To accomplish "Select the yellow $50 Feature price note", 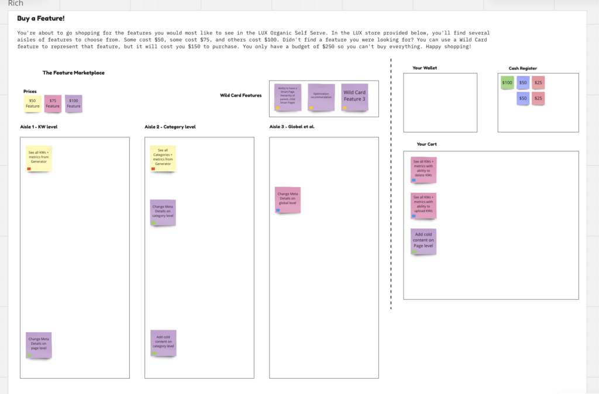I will coord(32,103).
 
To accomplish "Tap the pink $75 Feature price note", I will coord(53,103).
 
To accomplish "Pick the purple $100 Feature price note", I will coord(74,103).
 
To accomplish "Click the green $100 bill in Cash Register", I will coord(507,83).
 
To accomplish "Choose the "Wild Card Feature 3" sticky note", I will coord(354,96).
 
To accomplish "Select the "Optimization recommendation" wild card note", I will coord(321,96).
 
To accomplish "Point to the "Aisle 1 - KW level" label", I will coord(39,126).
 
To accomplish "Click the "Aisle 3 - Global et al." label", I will coord(292,126).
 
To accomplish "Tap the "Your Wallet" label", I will coord(425,68).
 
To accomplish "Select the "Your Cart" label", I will coord(426,144).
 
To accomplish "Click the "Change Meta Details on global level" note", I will coord(288,200).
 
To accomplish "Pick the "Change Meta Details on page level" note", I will coord(39,345).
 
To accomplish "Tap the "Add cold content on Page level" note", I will coord(424,241).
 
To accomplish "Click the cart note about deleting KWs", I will coord(424,170).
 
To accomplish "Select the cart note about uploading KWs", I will coord(424,205).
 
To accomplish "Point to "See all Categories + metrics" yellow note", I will coord(163,158).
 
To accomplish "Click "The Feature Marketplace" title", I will coord(73,73).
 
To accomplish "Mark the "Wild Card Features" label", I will coord(240,95).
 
